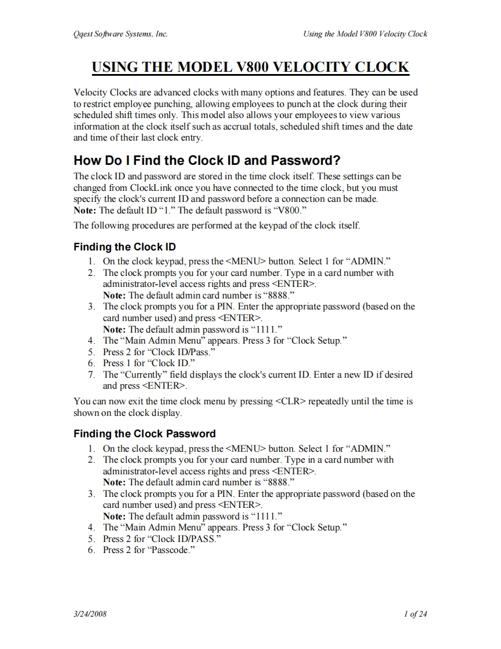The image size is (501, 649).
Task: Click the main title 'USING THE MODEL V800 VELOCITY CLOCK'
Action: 250,67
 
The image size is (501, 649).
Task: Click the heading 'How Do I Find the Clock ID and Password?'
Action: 207,160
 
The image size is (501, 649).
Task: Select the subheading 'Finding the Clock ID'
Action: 124,247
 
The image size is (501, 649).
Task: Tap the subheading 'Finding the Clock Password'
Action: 145,433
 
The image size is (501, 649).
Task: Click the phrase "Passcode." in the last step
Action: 171,550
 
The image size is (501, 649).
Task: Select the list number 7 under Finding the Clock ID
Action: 91,374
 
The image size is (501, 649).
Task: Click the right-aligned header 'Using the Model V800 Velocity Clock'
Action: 365,34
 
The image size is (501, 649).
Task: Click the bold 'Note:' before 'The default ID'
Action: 86,210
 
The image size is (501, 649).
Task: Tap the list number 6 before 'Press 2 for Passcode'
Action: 91,550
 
